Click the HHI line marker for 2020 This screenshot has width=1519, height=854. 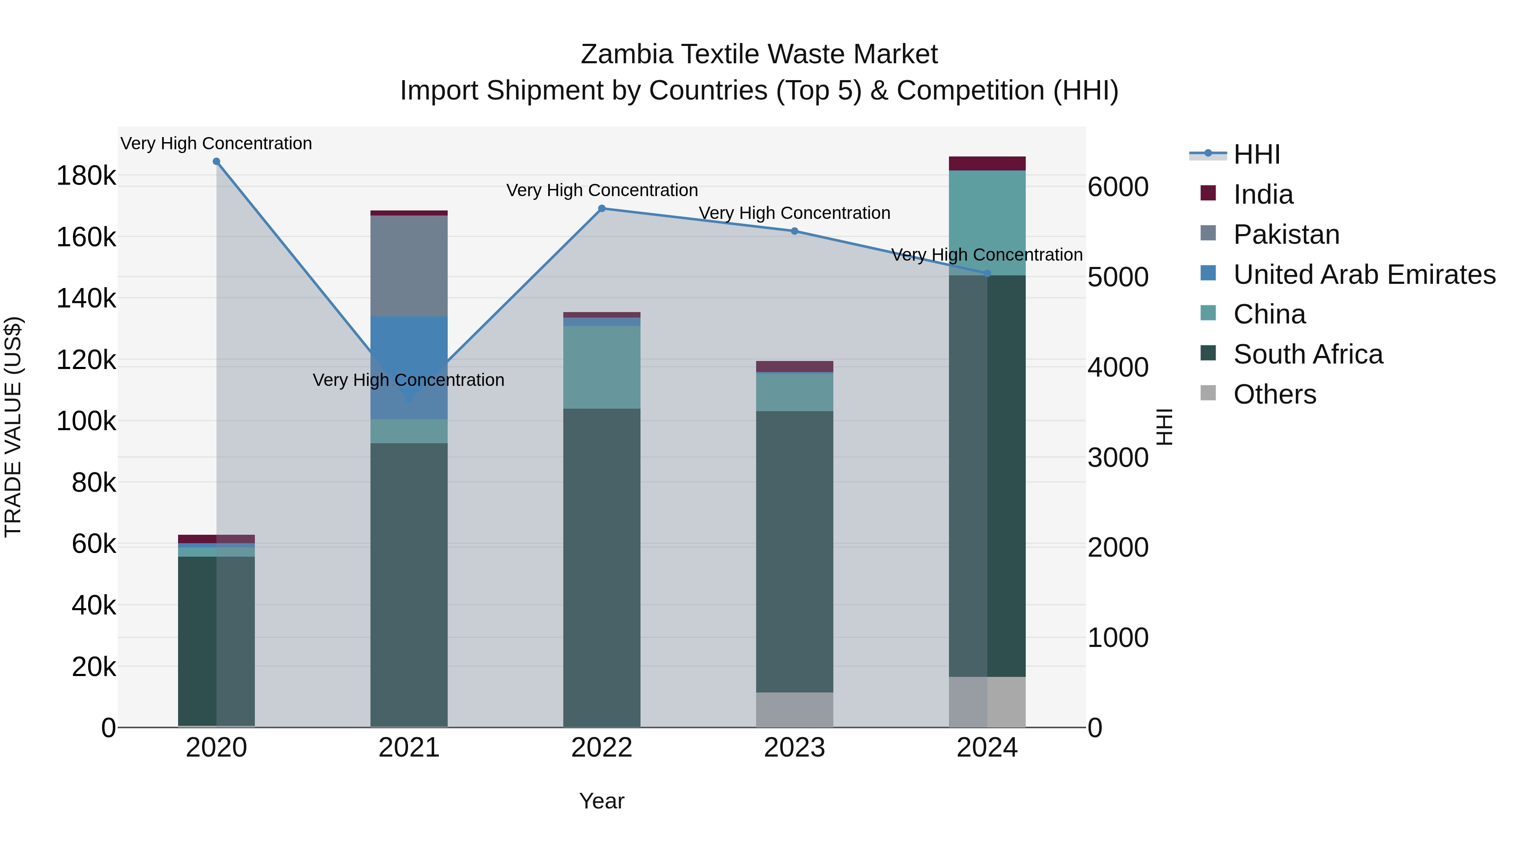[216, 162]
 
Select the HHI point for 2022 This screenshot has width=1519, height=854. [601, 209]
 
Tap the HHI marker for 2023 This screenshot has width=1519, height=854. [794, 232]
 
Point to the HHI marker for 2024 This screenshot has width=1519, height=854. [987, 273]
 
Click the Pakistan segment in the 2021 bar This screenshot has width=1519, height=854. [408, 266]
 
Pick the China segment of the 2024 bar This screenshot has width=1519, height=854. [987, 223]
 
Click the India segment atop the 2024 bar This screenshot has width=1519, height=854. [987, 163]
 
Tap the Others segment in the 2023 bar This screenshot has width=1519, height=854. [794, 710]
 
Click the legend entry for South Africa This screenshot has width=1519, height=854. [1308, 354]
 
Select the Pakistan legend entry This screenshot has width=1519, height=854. [1286, 234]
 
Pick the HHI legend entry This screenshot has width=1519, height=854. [1256, 154]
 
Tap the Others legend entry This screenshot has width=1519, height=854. [1274, 394]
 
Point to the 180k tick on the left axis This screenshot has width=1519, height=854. [86, 175]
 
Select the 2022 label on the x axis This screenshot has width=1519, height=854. [601, 748]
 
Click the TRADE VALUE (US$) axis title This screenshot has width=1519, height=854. [13, 427]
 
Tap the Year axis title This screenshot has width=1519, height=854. [601, 801]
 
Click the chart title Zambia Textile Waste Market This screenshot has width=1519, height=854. [759, 54]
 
